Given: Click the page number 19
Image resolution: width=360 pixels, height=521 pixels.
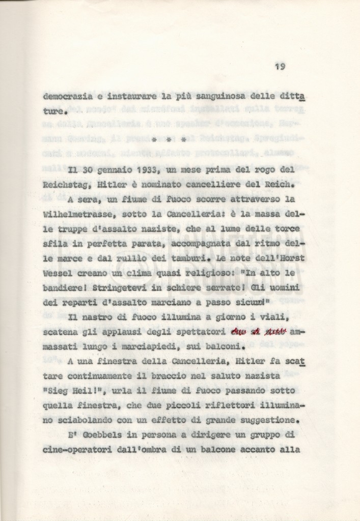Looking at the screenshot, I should tap(280, 66).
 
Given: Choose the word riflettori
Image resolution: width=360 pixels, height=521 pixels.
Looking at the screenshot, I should tap(232, 406).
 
